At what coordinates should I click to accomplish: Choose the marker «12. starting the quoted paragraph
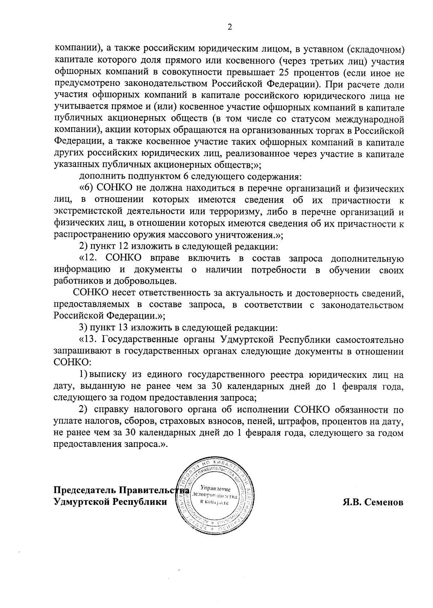90,259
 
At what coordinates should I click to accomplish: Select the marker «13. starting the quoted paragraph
88,340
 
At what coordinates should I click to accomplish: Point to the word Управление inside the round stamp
215,488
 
